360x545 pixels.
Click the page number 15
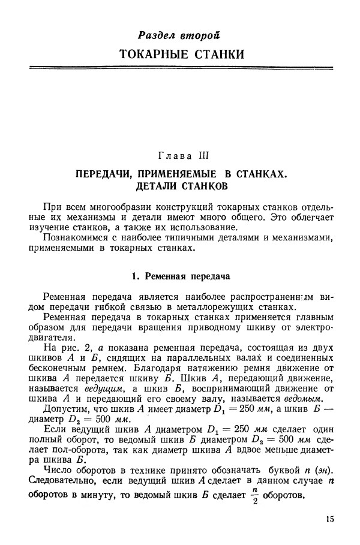(x=329, y=519)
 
